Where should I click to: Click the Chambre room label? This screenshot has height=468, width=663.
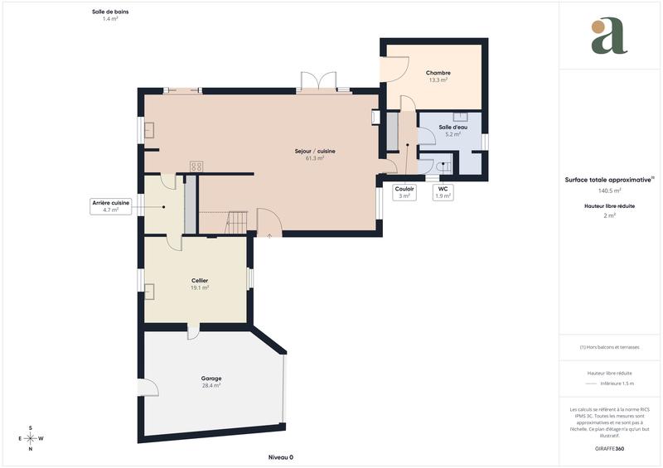tap(438, 73)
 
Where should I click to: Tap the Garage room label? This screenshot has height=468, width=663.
tap(211, 379)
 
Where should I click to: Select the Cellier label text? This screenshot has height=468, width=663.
tap(199, 281)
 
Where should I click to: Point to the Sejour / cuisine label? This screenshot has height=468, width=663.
tap(315, 151)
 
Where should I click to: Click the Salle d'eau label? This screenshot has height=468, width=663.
tap(452, 127)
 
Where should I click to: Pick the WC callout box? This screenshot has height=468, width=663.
tap(443, 192)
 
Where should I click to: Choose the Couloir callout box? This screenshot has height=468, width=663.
tap(404, 192)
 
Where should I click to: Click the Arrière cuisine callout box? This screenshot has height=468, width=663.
tap(110, 206)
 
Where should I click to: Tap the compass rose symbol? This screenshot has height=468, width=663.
tap(31, 438)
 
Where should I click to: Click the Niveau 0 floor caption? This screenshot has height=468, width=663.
tap(281, 457)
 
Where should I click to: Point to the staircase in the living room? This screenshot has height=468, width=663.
tap(236, 222)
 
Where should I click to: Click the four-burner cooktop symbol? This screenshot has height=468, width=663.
tap(196, 166)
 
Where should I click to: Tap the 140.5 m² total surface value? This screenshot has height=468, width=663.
tap(609, 191)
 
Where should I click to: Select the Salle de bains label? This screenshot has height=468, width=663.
tap(110, 12)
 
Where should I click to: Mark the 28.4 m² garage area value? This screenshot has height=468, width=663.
tap(211, 386)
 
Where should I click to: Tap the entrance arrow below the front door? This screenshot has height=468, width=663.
tap(269, 236)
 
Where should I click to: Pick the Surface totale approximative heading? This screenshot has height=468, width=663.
tap(607, 179)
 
